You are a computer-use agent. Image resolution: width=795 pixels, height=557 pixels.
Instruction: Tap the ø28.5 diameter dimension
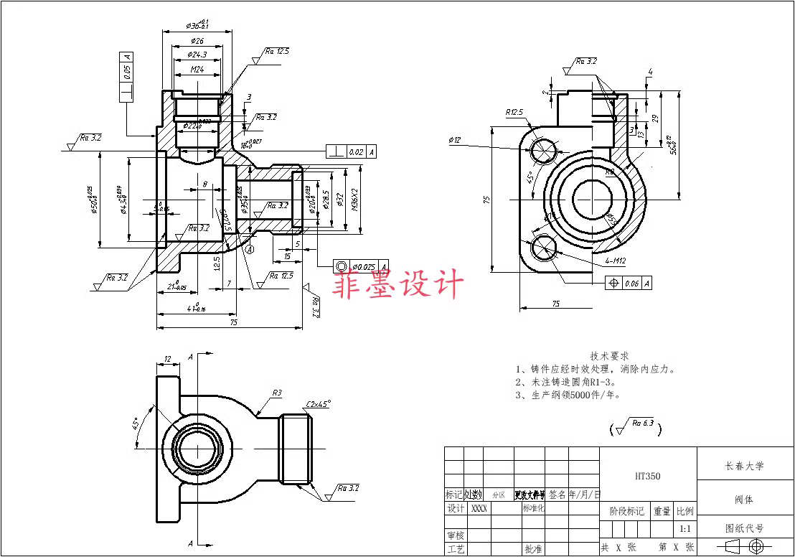(326, 199)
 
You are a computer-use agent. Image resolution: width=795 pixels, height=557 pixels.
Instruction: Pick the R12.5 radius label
(514, 113)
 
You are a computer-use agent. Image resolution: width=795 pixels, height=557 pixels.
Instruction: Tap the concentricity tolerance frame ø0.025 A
(361, 266)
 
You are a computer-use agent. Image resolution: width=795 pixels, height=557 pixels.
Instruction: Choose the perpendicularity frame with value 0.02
(351, 151)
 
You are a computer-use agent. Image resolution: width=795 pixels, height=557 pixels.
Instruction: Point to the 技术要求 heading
(609, 355)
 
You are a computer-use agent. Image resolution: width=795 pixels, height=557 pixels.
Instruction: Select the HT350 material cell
(647, 476)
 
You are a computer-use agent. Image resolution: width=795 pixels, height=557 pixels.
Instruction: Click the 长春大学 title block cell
(744, 465)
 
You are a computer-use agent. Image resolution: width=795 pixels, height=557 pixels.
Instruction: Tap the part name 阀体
(744, 499)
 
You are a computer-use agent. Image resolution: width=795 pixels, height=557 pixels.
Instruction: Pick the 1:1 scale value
(685, 529)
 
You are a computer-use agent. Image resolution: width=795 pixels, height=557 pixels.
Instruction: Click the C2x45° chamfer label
(318, 403)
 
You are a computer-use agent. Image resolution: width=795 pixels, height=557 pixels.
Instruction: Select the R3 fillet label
(277, 393)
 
